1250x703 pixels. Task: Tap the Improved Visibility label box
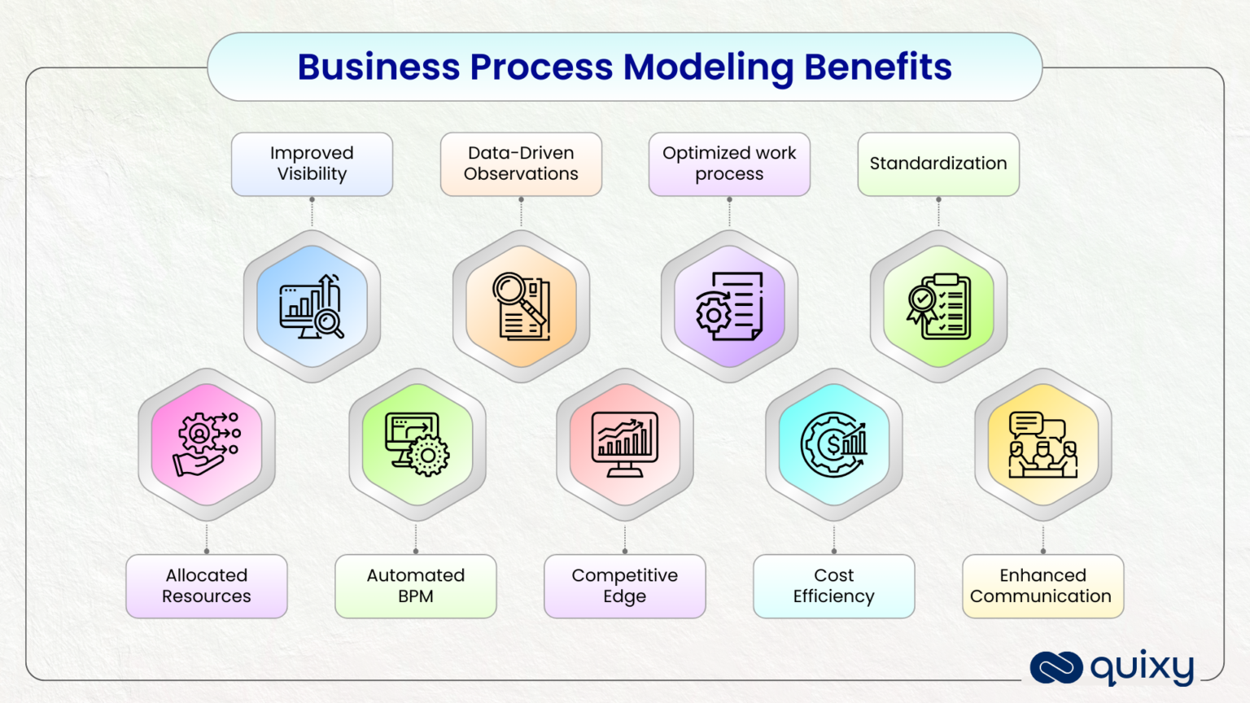[312, 164]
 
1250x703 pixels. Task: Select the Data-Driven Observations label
[521, 164]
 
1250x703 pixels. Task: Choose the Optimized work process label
[729, 164]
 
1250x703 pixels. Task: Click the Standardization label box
[938, 164]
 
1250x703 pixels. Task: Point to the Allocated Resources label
[207, 586]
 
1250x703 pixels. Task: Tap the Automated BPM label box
[416, 586]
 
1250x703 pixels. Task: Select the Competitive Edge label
[625, 586]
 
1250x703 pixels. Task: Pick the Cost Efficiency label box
[834, 586]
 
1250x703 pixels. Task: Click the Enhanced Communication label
[1042, 586]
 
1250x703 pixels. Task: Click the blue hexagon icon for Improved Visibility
[312, 307]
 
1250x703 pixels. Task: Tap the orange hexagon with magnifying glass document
[521, 307]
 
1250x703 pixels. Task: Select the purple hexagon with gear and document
[729, 307]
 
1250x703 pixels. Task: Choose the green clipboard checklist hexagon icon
[938, 307]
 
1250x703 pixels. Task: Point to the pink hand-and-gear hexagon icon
[207, 444]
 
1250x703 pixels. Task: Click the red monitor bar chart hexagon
[625, 444]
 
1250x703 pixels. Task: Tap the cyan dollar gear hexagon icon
[834, 444]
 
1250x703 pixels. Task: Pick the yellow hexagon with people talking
[1042, 444]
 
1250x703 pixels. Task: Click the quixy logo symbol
[1056, 667]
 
